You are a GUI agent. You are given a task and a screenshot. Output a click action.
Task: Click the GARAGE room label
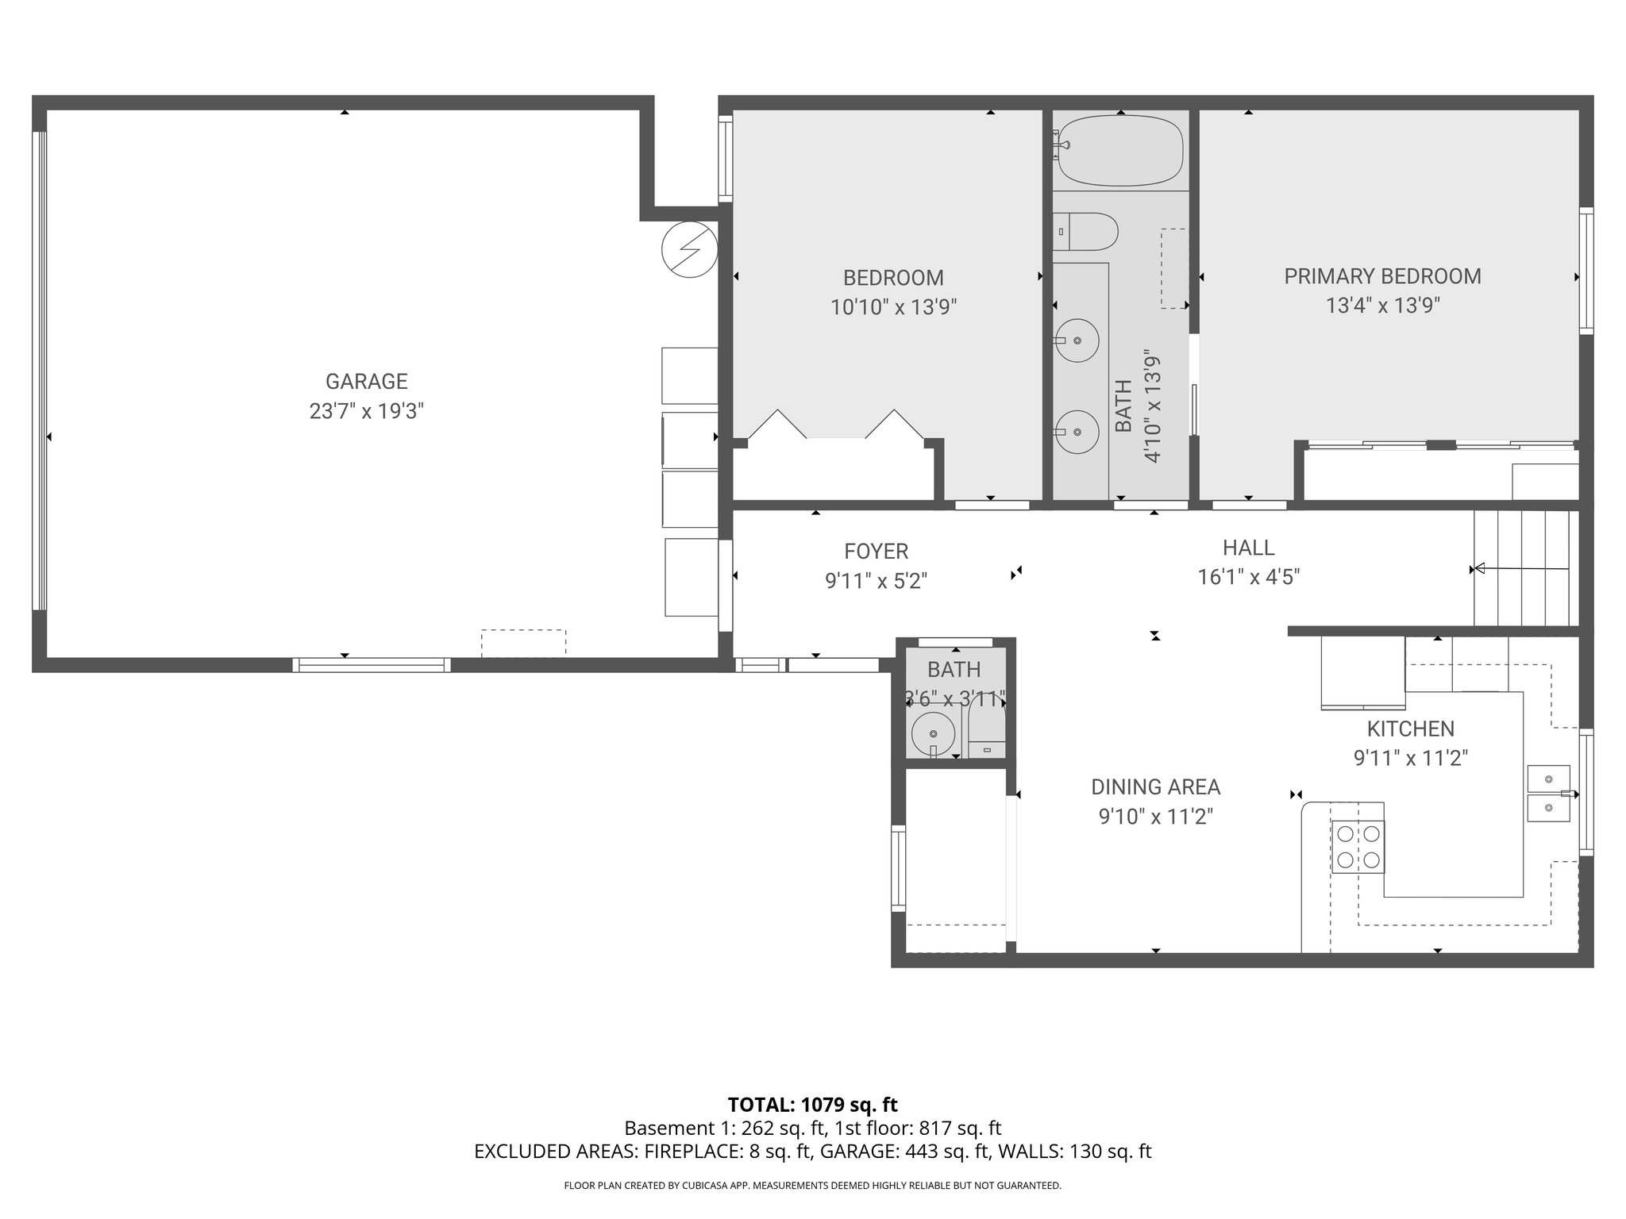(x=366, y=382)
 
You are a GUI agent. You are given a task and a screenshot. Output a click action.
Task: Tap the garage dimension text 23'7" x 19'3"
(x=366, y=411)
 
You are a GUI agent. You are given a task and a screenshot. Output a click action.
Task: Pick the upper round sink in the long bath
(x=1077, y=340)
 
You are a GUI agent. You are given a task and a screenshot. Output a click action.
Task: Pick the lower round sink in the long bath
(x=1077, y=432)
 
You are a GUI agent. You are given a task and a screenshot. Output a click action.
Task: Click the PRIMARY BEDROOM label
(x=1382, y=276)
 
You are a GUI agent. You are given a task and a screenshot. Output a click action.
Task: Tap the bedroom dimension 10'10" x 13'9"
(x=893, y=307)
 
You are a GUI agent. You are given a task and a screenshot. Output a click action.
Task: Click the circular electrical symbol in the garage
(x=689, y=249)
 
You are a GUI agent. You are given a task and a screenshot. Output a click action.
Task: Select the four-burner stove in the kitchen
(x=1357, y=847)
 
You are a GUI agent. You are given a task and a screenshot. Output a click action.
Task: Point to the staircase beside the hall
(x=1524, y=568)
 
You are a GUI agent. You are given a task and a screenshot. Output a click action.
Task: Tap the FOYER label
(x=876, y=551)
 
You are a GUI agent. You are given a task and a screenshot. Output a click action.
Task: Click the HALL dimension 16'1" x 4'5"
(x=1248, y=577)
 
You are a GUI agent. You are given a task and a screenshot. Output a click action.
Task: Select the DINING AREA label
(x=1155, y=786)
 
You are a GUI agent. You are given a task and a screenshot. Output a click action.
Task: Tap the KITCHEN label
(x=1410, y=729)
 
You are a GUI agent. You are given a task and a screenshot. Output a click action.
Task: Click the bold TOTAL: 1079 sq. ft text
(x=812, y=1105)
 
